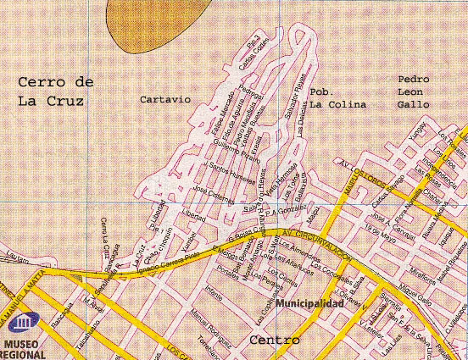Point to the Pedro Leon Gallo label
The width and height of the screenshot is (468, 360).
click(414, 91)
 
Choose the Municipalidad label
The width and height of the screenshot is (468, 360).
click(309, 302)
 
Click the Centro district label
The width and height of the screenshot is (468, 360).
click(275, 341)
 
